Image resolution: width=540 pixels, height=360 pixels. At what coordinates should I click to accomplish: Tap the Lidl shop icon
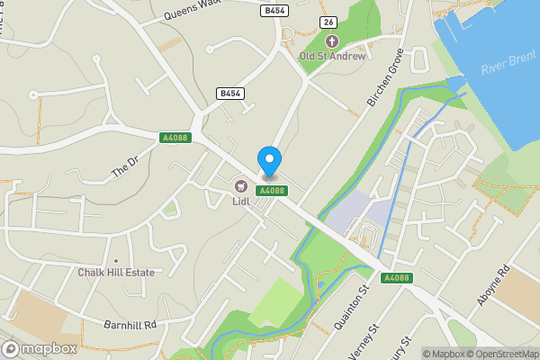tap(240, 186)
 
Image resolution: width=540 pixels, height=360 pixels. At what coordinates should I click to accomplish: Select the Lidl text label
tap(240, 202)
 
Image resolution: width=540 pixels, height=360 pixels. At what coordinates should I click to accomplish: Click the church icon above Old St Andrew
tap(332, 41)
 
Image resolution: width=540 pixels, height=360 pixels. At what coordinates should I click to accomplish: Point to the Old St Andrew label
tap(332, 56)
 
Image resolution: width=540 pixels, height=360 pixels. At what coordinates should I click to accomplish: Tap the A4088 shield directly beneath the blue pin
tap(272, 191)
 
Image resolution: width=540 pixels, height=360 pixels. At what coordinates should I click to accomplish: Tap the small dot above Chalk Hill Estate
tap(115, 261)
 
